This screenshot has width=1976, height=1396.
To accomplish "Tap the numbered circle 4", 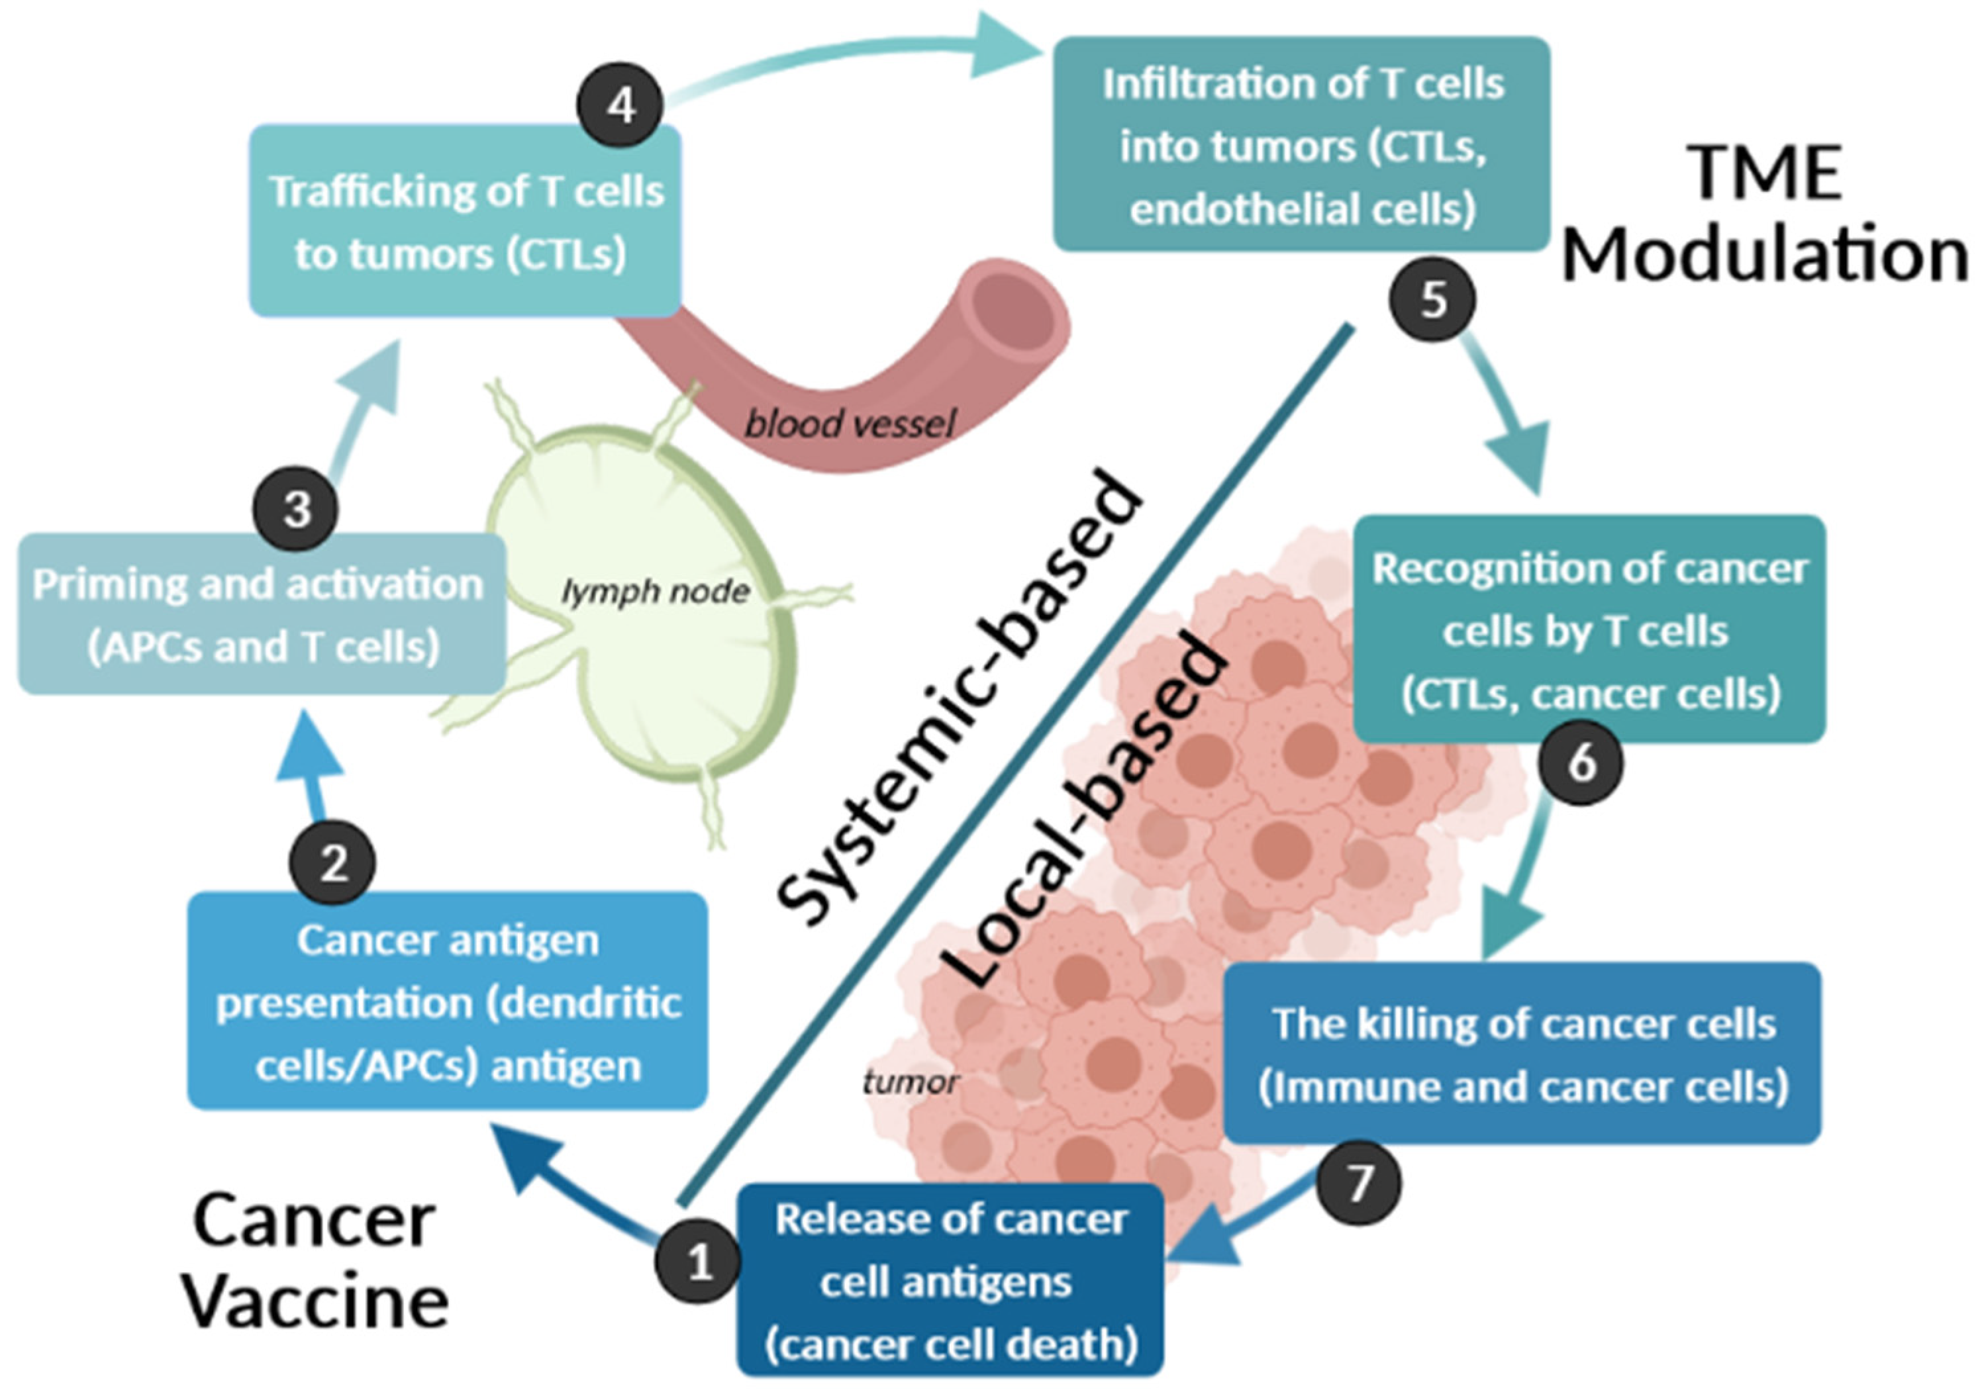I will [620, 106].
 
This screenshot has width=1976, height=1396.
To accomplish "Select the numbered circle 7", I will [1358, 1183].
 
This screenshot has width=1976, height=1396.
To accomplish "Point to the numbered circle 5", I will [1432, 299].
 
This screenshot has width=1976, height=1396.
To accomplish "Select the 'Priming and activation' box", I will [261, 615].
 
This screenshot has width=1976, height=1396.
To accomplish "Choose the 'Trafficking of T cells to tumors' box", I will [465, 221].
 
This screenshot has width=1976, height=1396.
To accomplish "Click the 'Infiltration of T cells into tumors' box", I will [1301, 144].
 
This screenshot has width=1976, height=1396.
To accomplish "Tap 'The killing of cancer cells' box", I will [1522, 1054].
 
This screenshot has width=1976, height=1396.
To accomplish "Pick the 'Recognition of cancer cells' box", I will [1589, 629].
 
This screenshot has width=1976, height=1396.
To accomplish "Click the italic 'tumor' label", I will [910, 1081].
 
